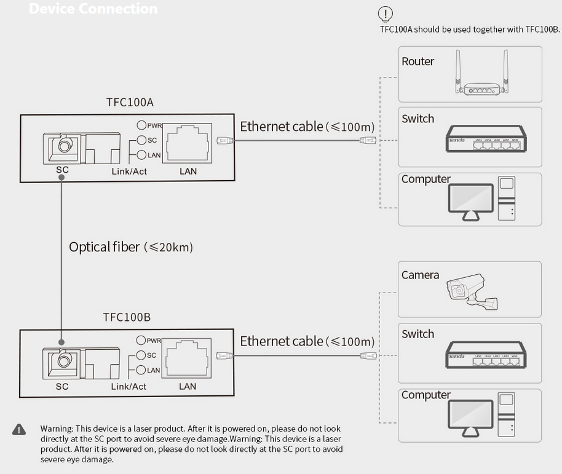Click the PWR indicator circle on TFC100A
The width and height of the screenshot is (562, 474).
point(141,125)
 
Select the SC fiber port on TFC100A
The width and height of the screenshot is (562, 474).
point(61,146)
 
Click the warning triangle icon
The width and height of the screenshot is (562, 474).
point(20,429)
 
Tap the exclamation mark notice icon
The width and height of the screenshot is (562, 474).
point(386,13)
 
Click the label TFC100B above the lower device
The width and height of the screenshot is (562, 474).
point(127,317)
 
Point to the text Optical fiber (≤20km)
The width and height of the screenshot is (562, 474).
point(131,247)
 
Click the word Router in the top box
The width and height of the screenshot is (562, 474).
point(418,61)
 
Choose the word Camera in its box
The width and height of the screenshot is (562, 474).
point(420,275)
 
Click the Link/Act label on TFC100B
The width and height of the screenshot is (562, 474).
point(129,387)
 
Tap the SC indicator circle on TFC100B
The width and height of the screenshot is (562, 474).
point(141,355)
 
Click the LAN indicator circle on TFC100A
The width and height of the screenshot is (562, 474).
point(141,155)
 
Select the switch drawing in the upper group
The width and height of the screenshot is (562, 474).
point(480,140)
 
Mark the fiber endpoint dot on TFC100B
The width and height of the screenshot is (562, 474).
point(61,342)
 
